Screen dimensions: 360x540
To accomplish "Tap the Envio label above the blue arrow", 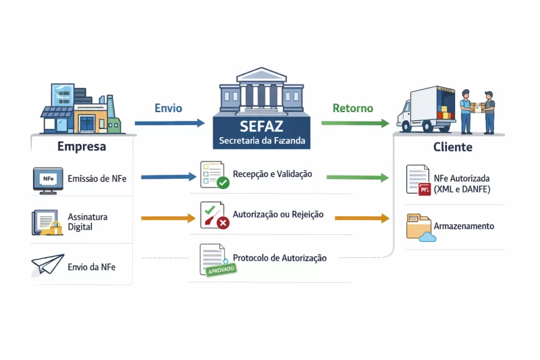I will click(168, 108).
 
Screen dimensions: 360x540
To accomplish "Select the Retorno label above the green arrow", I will click(352, 108).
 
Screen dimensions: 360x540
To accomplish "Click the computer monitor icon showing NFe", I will click(48, 180).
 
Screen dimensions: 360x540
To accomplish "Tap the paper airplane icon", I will click(47, 265).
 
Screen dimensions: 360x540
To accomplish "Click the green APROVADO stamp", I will click(220, 270).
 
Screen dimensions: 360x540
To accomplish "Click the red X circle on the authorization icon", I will click(222, 222).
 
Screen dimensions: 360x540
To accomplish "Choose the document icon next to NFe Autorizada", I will click(417, 180).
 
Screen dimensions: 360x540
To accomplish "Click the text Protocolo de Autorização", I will click(279, 258).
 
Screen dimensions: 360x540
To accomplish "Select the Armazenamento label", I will click(463, 226).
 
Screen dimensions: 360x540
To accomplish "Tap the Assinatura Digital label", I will click(88, 222).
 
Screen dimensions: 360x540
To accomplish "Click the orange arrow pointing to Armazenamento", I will click(362, 218).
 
